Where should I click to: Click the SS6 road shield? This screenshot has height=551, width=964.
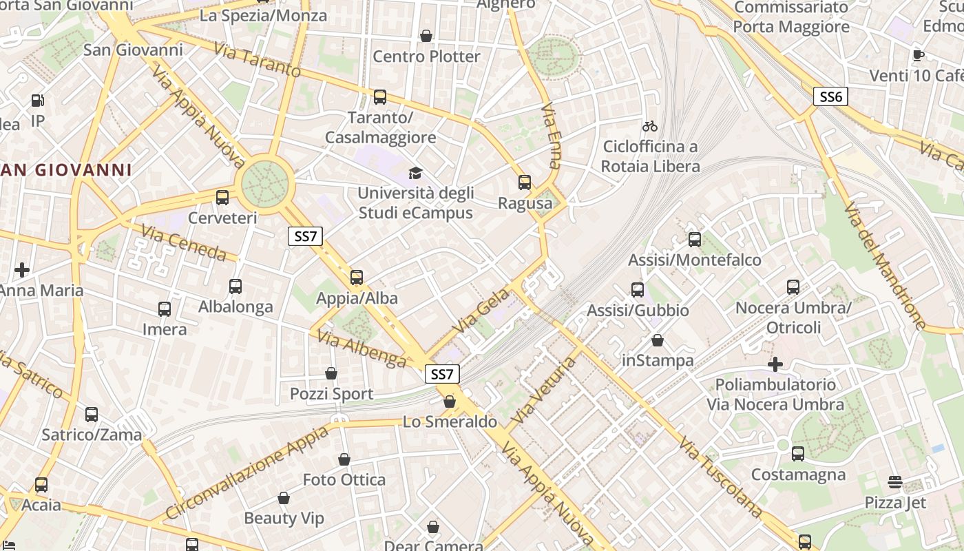coord(830,96)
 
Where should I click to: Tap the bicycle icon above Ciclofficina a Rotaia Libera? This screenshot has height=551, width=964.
coord(649,126)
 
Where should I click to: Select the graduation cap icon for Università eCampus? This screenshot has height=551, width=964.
coord(415,172)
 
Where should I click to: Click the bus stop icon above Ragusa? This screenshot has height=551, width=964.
coord(525,183)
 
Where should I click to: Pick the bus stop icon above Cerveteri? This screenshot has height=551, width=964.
coord(222,198)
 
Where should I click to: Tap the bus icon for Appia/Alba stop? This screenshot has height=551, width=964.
coord(356,278)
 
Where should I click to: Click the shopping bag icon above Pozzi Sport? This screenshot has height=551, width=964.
coord(331,373)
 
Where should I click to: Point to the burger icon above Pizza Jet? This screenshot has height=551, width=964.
coord(895,481)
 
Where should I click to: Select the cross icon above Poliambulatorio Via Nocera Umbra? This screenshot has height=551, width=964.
coord(775,364)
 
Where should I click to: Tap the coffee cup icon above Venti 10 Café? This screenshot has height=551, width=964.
coord(918,55)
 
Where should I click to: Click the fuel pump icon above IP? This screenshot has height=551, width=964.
coord(37,101)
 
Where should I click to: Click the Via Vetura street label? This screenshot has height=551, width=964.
coord(543,391)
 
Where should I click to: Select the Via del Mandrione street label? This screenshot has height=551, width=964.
coord(886,265)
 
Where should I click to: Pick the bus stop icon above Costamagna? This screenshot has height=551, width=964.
coord(798,454)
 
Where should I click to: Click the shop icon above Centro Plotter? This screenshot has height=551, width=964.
coord(426,36)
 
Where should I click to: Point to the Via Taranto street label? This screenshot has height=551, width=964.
coord(257,60)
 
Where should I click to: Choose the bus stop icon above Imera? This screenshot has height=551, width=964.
coord(165,309)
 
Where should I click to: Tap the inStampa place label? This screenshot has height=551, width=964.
coord(658,360)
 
